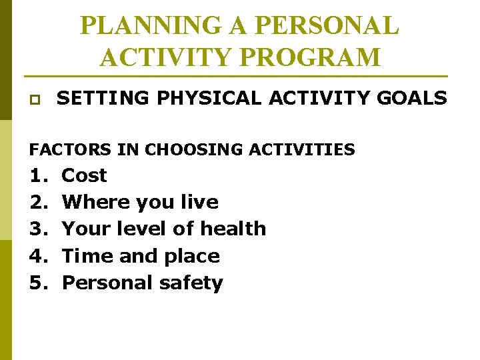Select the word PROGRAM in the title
[318, 57]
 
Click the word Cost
[84, 175]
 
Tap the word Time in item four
[85, 256]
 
